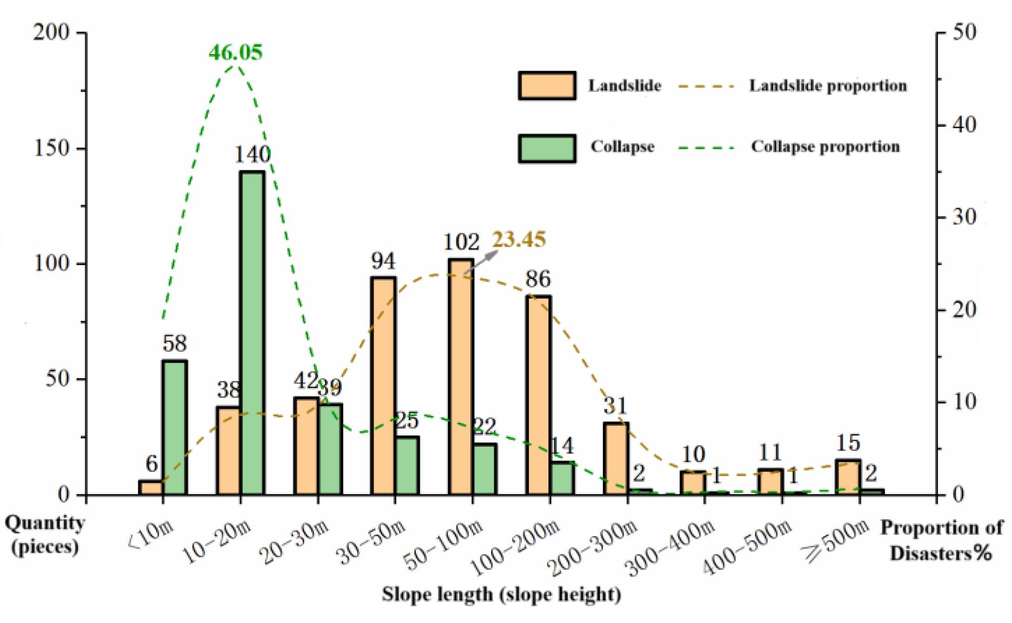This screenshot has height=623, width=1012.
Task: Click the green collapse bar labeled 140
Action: click(x=252, y=333)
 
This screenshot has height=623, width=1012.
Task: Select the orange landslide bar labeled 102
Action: click(x=461, y=377)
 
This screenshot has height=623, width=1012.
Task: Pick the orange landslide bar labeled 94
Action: click(x=383, y=386)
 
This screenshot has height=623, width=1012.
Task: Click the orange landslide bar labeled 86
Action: click(x=539, y=395)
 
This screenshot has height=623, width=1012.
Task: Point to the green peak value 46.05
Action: click(x=235, y=52)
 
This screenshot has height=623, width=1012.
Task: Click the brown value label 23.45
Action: click(x=519, y=240)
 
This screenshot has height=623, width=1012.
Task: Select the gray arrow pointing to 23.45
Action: click(x=481, y=262)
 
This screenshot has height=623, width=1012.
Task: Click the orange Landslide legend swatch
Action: click(x=547, y=86)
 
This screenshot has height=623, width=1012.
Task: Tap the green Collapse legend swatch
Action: click(x=547, y=148)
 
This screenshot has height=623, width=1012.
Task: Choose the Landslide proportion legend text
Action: click(x=828, y=86)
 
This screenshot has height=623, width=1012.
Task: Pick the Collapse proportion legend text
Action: click(x=825, y=147)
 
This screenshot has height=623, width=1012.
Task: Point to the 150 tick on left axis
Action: click(x=52, y=148)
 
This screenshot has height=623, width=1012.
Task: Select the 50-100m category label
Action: click(x=443, y=546)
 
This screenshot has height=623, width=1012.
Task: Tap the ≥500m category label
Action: click(x=835, y=540)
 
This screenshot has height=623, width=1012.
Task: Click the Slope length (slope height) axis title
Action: click(x=501, y=595)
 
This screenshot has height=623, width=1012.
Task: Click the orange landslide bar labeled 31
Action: click(x=616, y=458)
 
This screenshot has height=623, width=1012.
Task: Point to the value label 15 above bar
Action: click(x=848, y=443)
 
